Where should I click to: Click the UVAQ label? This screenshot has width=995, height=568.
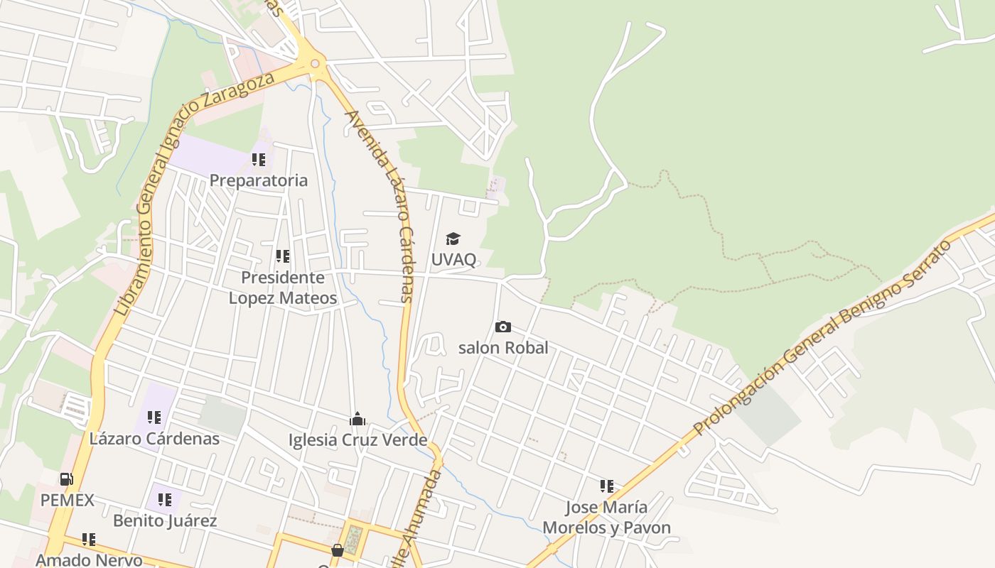point(453,259)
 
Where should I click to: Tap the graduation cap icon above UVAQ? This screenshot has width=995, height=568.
point(453,239)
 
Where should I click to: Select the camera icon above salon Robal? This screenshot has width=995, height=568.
point(502,327)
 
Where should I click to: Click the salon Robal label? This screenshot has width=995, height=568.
point(503,348)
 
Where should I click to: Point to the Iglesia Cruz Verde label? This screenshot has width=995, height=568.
point(357,440)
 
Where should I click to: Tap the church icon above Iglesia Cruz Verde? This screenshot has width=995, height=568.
point(357,420)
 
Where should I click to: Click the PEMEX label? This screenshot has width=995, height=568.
point(67,501)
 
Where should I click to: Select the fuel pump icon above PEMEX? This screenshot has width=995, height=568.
point(66,480)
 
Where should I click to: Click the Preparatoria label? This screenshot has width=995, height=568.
point(259,180)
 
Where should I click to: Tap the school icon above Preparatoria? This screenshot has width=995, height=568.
point(259,160)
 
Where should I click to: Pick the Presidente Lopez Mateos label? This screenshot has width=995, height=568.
point(283,288)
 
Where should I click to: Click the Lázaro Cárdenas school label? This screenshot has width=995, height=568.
point(154,439)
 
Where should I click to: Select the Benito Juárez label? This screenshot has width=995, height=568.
point(165,521)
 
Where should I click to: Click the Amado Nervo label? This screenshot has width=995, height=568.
point(89,560)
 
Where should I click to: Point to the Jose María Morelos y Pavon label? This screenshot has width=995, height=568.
point(607,518)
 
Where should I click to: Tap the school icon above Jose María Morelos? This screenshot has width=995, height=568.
point(606,486)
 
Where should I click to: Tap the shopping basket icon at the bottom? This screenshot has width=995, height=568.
point(338,550)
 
